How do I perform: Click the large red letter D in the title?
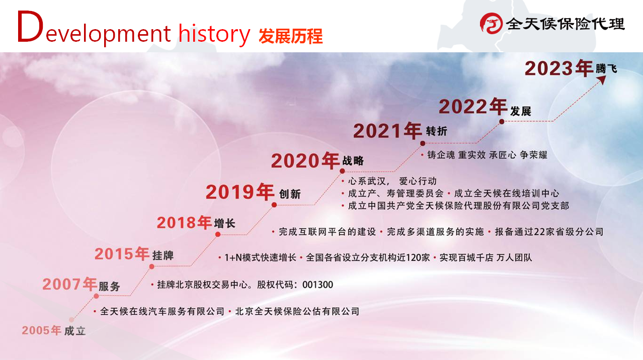(x=30, y=26)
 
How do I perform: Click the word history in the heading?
(x=214, y=34)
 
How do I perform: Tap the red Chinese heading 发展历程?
(x=290, y=36)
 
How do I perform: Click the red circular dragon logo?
(x=491, y=24)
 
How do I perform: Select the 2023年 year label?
(x=559, y=68)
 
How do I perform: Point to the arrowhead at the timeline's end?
(x=602, y=80)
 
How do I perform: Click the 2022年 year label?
(x=473, y=107)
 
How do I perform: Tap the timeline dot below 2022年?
(x=502, y=122)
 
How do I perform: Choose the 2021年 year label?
(x=387, y=131)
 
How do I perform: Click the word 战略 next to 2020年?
(x=353, y=160)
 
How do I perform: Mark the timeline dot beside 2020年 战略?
(x=342, y=171)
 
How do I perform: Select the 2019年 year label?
(x=240, y=192)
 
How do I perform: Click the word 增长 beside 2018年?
(x=225, y=223)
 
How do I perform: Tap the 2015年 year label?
(x=122, y=253)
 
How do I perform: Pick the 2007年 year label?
(x=69, y=284)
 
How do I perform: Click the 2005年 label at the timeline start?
(x=41, y=330)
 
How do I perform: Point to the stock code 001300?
(x=318, y=285)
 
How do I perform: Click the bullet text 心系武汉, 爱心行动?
(x=392, y=181)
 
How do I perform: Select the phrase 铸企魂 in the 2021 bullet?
(x=441, y=155)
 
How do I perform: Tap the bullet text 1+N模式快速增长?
(x=260, y=257)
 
